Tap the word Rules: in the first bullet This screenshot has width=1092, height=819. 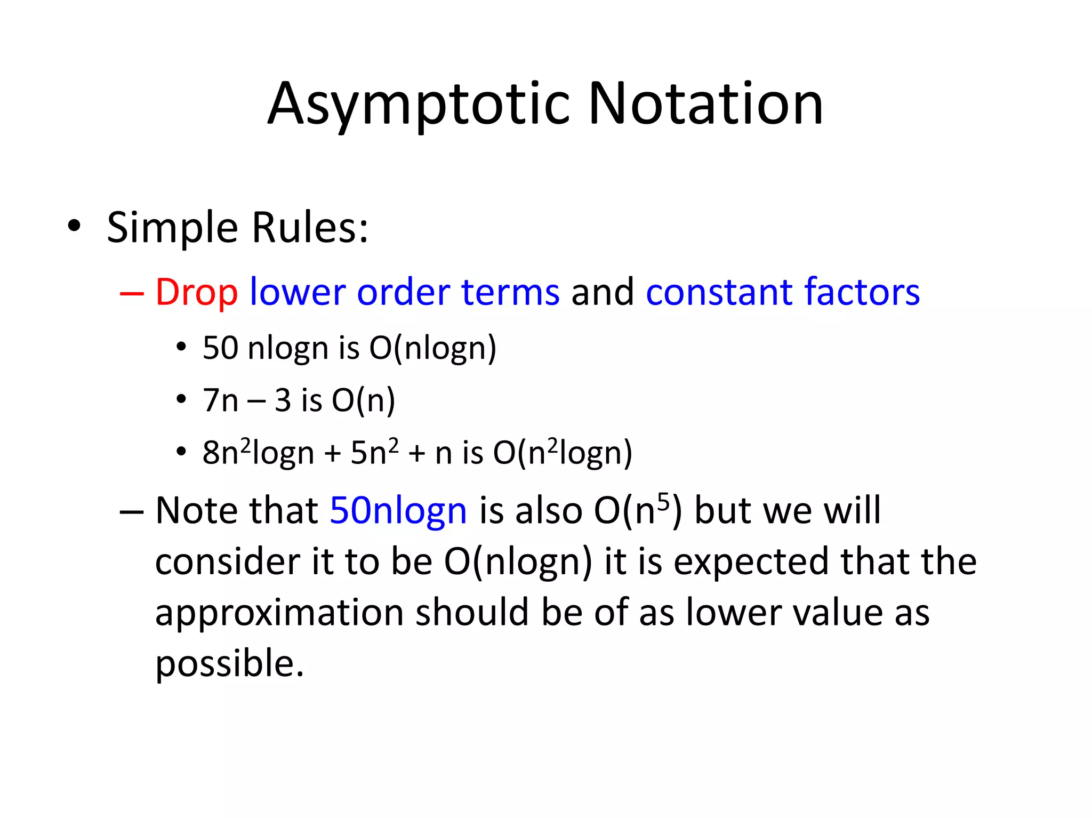[310, 228]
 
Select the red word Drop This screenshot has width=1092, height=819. [196, 293]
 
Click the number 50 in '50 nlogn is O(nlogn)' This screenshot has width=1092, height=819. [220, 348]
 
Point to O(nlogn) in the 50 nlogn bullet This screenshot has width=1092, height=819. [432, 348]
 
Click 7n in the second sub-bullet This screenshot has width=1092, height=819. [220, 400]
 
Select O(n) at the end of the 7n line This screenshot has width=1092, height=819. [363, 400]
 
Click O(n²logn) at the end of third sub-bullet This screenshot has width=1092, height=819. [562, 452]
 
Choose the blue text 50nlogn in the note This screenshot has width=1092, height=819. [398, 511]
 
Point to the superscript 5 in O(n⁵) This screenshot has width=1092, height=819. [663, 501]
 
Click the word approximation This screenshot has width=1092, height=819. [279, 612]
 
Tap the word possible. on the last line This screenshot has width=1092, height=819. [229, 663]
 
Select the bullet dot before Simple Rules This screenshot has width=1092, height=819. [74, 226]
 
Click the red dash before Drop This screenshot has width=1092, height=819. [132, 293]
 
